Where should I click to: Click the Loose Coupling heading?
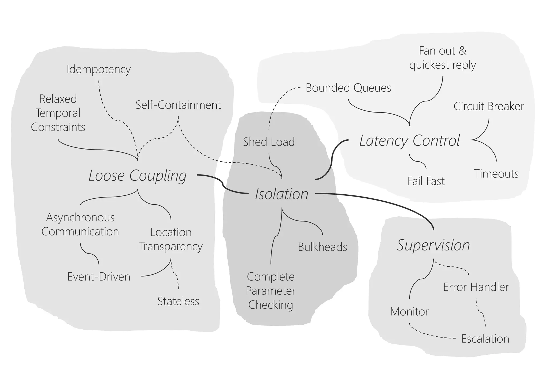coord(138,176)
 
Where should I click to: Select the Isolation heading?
coord(281,194)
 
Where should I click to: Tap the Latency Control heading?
coord(409,140)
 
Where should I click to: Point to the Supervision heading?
coord(433,245)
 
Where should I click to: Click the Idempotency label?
coord(98,69)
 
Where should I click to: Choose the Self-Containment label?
coord(178,105)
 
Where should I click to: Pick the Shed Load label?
coord(269,142)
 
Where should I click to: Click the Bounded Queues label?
coord(348,88)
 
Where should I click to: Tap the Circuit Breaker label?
coord(489,107)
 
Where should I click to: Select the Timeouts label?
coord(496,174)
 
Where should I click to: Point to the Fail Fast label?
coord(426,181)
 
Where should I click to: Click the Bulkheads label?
coord(322,247)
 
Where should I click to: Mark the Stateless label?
coord(178,301)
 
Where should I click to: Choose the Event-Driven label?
coord(99,277)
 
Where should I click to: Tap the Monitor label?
coord(409,312)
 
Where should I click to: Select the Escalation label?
coord(485,339)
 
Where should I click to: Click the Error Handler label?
coord(476,287)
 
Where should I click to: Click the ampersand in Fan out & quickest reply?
coord(462,51)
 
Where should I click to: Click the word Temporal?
coord(58,113)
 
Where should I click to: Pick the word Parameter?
coord(270,291)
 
